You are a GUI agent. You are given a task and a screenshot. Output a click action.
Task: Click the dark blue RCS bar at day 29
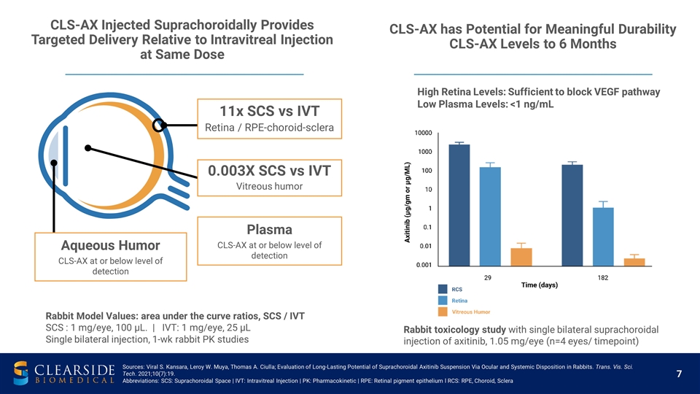tap(459, 205)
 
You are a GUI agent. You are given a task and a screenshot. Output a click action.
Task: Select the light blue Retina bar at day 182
tap(603, 236)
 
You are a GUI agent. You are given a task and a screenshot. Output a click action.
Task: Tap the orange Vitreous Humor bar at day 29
tap(521, 257)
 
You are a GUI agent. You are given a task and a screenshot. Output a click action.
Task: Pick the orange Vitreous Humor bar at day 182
tap(634, 262)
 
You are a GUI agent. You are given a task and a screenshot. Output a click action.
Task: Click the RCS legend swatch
tap(443, 290)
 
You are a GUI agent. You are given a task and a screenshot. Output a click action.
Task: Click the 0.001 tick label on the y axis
tap(424, 265)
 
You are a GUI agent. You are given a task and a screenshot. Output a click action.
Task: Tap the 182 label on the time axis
tap(603, 278)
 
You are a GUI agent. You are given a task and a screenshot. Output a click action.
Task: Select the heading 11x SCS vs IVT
tap(269, 112)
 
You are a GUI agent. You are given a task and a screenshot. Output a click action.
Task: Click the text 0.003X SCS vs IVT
tap(269, 171)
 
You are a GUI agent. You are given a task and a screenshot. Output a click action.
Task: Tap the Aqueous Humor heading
tap(111, 244)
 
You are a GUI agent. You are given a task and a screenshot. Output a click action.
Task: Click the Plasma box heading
tap(269, 229)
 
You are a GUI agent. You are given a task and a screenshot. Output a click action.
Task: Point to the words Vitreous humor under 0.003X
tap(269, 188)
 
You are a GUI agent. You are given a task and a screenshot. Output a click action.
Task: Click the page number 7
tap(678, 374)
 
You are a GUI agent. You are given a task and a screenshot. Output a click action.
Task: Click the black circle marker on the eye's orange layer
tap(161, 125)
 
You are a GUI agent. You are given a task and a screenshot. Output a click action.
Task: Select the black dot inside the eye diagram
tap(88, 148)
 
